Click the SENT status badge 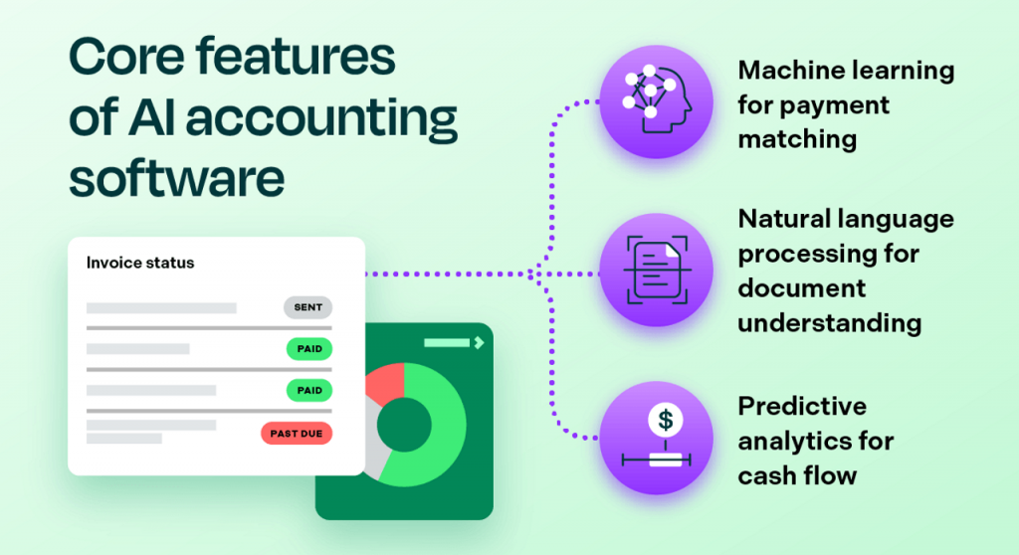pos(307,307)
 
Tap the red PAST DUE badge pos(296,434)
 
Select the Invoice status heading pos(140,264)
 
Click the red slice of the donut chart pos(385,381)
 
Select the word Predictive pos(801,406)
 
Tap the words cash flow pos(797,474)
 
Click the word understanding pos(829,323)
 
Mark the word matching pos(797,139)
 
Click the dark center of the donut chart pos(403,423)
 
